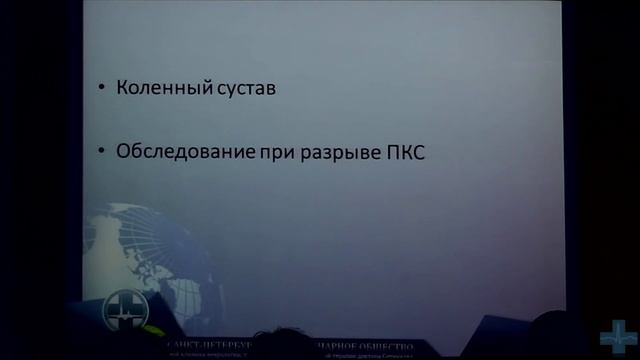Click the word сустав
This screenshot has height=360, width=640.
[x=242, y=89]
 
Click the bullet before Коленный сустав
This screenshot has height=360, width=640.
[x=103, y=89]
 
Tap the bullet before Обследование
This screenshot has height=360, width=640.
[x=103, y=154]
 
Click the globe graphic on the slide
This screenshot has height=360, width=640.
[x=150, y=250]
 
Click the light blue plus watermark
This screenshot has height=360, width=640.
[x=618, y=337]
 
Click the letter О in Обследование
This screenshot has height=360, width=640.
[x=124, y=153]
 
